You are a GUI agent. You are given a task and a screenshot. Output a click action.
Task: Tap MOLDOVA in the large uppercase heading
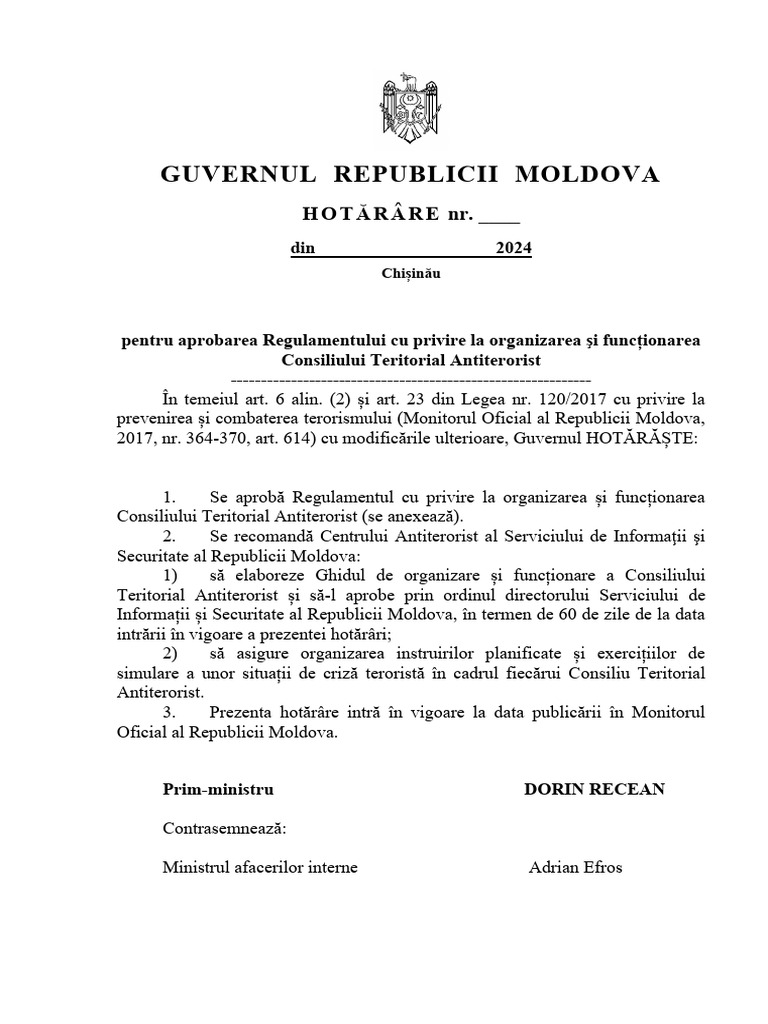click(x=587, y=175)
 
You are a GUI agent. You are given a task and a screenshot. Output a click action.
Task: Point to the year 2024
click(x=514, y=249)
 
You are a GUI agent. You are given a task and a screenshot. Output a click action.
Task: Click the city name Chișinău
click(x=410, y=272)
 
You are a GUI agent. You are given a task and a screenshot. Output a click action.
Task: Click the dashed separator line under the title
click(x=410, y=380)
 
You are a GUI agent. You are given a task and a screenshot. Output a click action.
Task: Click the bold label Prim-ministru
click(x=218, y=789)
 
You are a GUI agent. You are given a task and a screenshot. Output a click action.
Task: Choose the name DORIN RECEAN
click(x=594, y=789)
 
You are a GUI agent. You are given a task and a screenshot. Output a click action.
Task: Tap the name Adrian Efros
click(x=575, y=867)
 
